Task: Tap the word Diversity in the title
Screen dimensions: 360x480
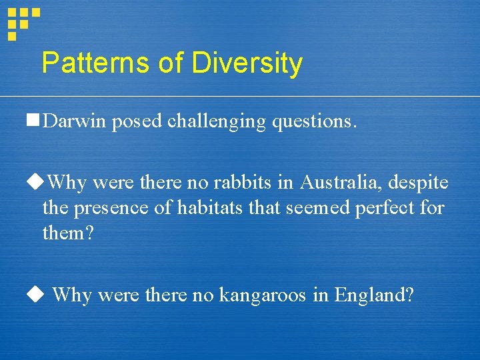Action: coord(247,63)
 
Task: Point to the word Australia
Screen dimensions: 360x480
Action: coord(343,182)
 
